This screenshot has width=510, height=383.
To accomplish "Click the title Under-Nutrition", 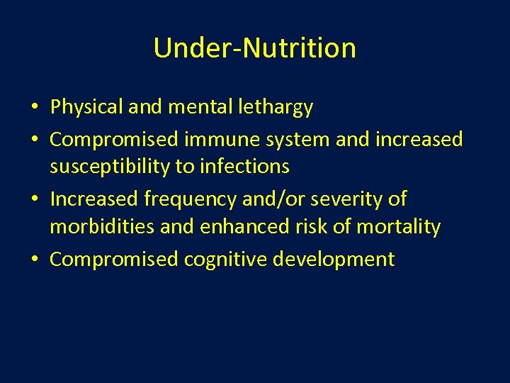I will tap(254, 48).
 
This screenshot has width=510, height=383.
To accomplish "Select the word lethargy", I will tap(278, 107).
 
